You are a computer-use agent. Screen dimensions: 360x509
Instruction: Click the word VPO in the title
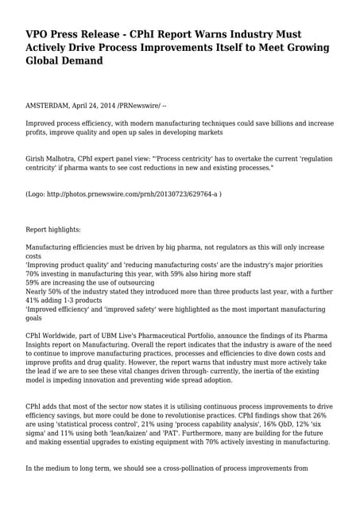click(x=39, y=35)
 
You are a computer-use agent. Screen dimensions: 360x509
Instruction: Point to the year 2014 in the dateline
click(x=118, y=106)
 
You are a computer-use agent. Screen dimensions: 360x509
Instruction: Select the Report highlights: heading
click(x=53, y=229)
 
